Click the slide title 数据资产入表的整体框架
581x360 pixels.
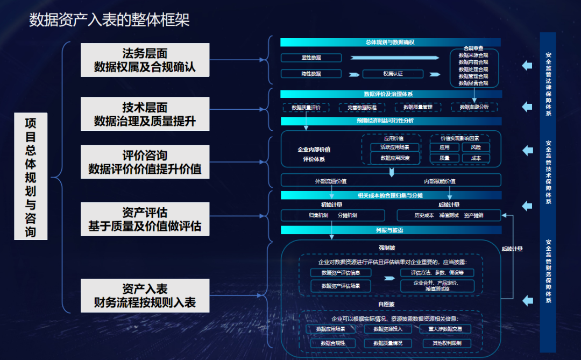109,20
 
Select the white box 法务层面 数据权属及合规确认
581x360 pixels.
145,60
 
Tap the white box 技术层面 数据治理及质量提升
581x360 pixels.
145,114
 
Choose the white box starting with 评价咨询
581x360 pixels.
145,162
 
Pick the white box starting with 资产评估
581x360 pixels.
145,219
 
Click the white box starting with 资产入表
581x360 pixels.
145,295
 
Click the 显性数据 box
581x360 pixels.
311,58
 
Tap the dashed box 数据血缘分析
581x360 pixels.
474,107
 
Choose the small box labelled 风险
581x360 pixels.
476,147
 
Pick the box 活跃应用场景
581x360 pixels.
395,147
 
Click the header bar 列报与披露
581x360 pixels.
391,230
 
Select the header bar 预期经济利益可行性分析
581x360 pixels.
391,121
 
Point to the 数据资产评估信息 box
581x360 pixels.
341,272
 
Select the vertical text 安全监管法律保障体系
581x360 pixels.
548,84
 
